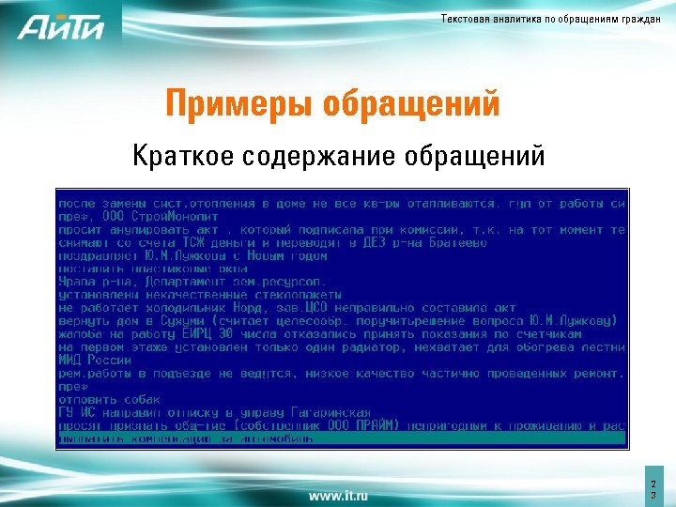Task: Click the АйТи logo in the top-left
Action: (60, 27)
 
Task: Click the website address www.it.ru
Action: (338, 494)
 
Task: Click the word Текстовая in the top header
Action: (463, 21)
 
